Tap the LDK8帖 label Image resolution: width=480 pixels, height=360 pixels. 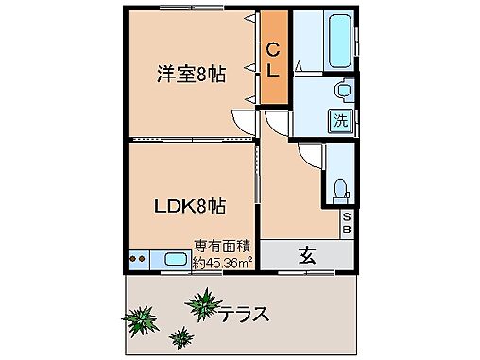190,204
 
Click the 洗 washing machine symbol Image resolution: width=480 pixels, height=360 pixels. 339,120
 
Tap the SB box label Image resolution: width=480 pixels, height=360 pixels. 347,224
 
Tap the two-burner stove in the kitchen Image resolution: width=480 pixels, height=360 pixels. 138,257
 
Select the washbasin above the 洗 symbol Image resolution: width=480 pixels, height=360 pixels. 342,91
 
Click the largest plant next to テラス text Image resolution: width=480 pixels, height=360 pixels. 201,304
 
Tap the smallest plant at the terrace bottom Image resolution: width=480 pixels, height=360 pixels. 180,335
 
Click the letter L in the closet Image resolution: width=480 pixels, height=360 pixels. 272,71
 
